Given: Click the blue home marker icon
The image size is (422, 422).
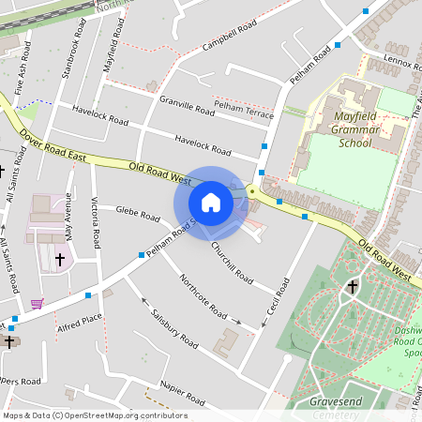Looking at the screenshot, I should pyautogui.click(x=211, y=202).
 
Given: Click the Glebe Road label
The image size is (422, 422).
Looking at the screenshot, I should pyautogui.click(x=138, y=215).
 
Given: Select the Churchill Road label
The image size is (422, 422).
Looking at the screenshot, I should pyautogui.click(x=231, y=264).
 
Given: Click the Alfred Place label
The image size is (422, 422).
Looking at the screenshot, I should pyautogui.click(x=80, y=324).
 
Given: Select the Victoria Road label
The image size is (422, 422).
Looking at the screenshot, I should pyautogui.click(x=94, y=216).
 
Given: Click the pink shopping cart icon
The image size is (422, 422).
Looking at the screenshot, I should pyautogui.click(x=37, y=303).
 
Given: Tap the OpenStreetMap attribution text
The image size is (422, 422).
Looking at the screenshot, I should pyautogui.click(x=95, y=415).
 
